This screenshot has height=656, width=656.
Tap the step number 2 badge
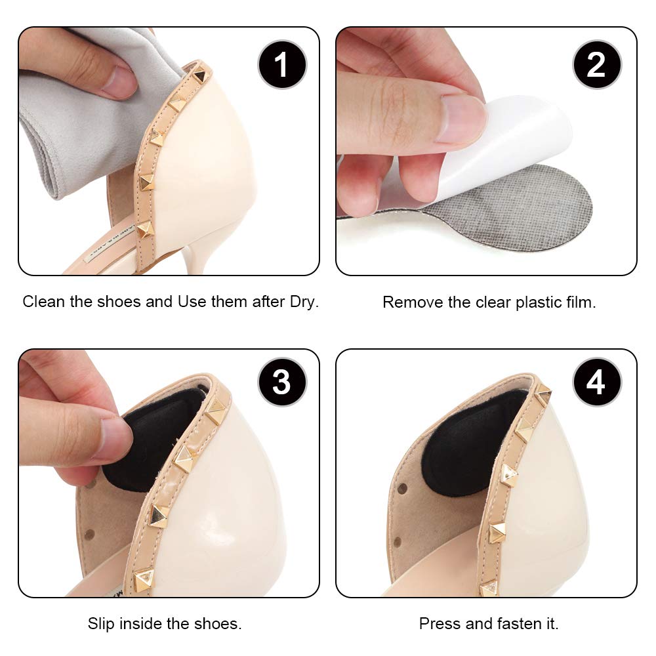pos(596,65)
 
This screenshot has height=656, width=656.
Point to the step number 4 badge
pos(596,382)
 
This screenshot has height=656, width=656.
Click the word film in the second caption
pos(581,302)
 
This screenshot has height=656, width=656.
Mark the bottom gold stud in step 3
pos(142,579)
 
